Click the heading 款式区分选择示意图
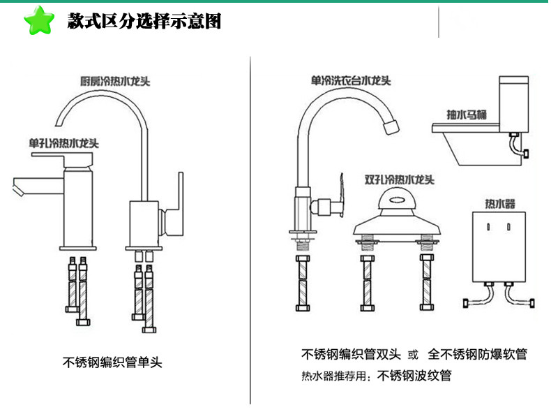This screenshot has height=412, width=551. (x=144, y=21)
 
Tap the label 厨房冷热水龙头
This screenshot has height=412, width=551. (x=114, y=80)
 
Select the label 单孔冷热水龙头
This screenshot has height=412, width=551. (x=64, y=143)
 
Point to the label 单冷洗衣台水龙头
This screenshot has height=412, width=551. (x=351, y=80)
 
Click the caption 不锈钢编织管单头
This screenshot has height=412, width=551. (x=112, y=362)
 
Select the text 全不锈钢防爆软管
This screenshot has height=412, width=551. (x=478, y=354)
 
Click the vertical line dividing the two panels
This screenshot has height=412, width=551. (x=250, y=230)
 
